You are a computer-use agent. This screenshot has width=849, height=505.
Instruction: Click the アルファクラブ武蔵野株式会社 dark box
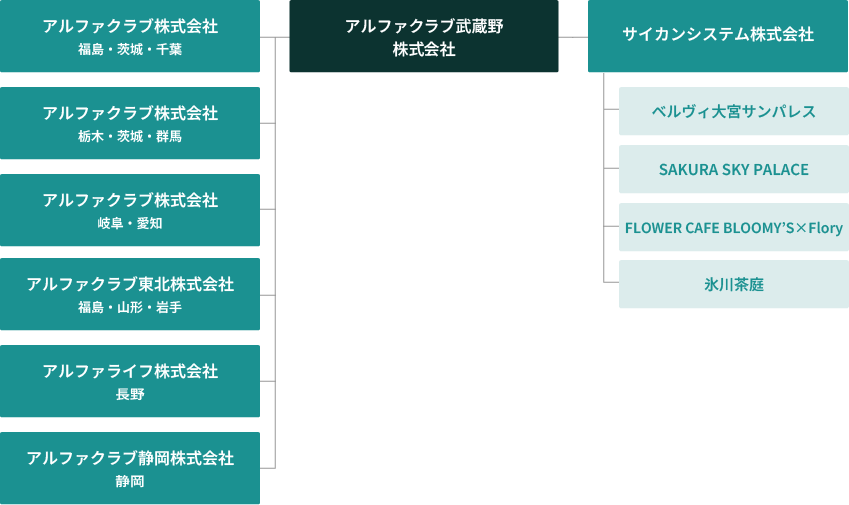[424, 37]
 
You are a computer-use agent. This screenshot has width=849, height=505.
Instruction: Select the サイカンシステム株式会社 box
[717, 35]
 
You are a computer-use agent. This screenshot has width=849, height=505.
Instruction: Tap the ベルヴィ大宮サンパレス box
[733, 111]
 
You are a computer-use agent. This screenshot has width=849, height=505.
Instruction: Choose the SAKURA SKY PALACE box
[733, 169]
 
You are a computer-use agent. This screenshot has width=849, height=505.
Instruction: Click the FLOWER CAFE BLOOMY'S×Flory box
[733, 228]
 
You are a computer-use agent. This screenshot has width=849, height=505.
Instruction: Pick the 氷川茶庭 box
[733, 285]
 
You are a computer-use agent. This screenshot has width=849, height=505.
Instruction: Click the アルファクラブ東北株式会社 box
[130, 294]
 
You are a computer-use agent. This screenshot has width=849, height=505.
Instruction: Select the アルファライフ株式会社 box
[130, 381]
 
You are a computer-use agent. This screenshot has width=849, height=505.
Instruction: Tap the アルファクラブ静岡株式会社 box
[130, 468]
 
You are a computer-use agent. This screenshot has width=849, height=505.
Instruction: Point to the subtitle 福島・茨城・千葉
[130, 49]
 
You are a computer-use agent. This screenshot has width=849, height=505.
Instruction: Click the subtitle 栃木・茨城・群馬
[130, 136]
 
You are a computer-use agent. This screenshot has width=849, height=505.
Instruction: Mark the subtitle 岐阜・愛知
[130, 223]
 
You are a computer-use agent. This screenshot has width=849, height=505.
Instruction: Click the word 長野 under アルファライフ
[130, 395]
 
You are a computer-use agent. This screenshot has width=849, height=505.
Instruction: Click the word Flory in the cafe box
[826, 228]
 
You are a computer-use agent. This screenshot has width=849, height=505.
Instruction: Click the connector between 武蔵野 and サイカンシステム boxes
[573, 37]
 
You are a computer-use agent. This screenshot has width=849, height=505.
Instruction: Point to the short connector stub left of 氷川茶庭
[611, 284]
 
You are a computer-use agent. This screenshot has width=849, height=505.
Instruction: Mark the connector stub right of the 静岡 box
[267, 468]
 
